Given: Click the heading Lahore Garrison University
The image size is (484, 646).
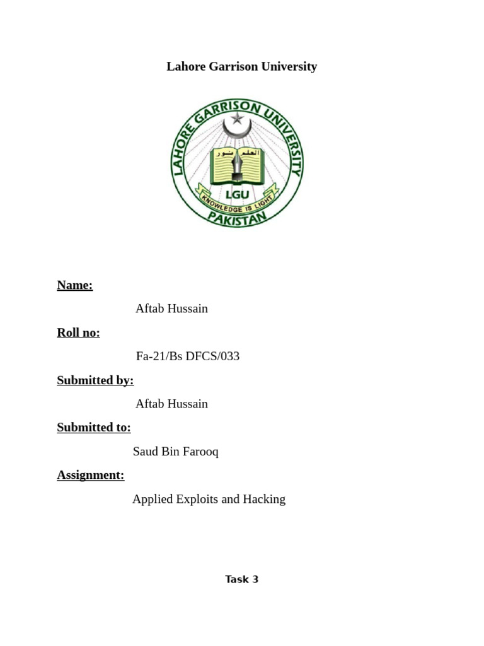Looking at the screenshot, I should [241, 67].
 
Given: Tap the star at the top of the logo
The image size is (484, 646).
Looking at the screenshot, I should [237, 118].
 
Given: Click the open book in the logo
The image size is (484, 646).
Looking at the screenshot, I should [237, 166].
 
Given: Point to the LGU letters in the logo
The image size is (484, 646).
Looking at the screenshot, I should [237, 195].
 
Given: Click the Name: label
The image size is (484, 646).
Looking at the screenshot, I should [74, 285].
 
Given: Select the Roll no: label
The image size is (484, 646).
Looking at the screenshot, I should [78, 332].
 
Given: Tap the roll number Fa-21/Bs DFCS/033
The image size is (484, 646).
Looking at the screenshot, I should [188, 356].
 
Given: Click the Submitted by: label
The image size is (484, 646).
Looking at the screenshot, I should [95, 380].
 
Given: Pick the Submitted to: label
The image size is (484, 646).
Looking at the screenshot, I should [94, 428].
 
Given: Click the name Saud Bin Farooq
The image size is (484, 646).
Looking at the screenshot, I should [175, 452].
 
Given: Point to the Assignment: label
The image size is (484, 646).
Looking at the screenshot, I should [90, 475].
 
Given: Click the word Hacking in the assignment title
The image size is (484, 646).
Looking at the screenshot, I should [264, 499].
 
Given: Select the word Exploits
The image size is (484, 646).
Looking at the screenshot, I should [197, 499].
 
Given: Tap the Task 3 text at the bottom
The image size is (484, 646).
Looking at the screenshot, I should [241, 579].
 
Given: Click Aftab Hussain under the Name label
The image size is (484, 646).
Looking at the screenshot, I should [171, 309].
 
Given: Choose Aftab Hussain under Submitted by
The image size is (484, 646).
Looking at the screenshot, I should [171, 404].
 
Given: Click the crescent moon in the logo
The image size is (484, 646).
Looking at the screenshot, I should [237, 129].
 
